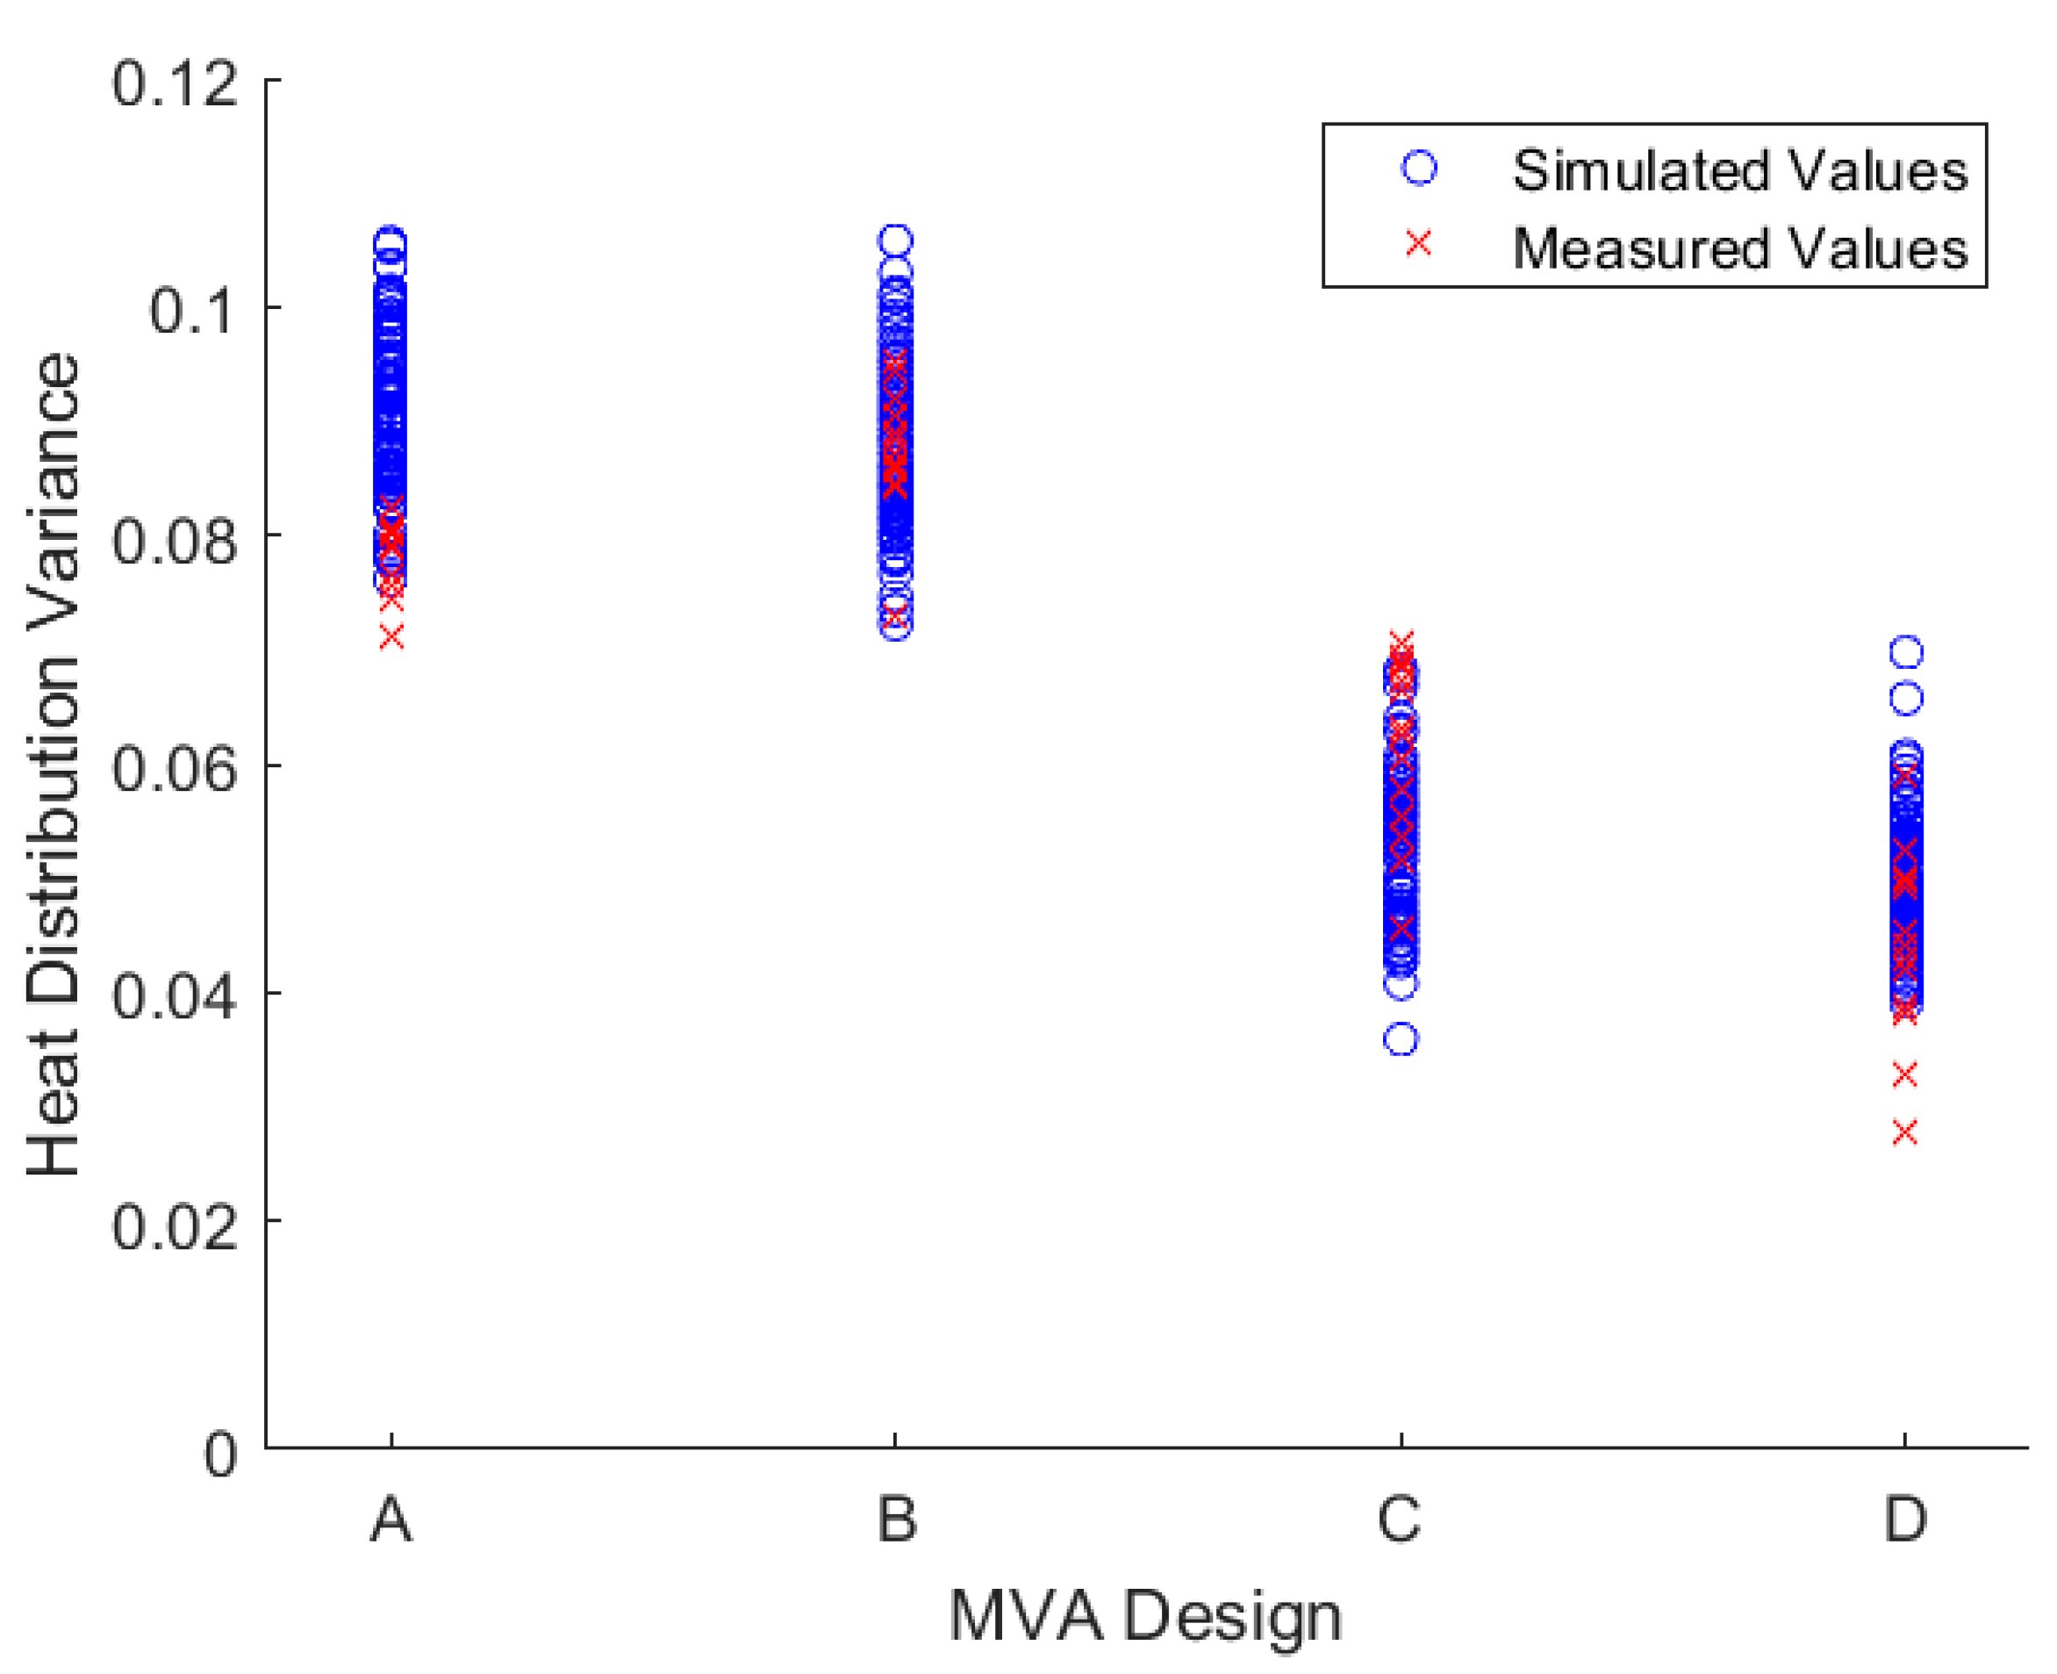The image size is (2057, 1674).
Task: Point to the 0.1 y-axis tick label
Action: pos(193,311)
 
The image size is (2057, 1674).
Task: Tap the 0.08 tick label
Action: pos(175,539)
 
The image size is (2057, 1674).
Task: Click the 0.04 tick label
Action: pos(175,995)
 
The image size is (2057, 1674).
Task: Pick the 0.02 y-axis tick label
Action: pos(175,1225)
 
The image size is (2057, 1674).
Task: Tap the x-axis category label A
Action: pos(391,1520)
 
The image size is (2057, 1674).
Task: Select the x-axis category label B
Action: pos(897,1520)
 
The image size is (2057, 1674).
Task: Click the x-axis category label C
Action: pos(1399,1520)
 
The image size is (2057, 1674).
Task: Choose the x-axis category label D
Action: pos(1904,1520)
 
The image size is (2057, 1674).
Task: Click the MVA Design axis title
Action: pos(1145,1616)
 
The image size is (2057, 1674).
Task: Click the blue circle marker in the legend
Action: pos(1418,168)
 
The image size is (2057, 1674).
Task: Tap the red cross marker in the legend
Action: pos(1418,244)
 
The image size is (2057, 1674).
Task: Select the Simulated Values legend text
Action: pos(1739,170)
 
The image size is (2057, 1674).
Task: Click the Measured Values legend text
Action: pos(1739,248)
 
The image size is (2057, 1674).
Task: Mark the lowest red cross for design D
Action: pos(1904,1132)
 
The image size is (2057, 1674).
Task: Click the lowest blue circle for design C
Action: pos(1401,1039)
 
